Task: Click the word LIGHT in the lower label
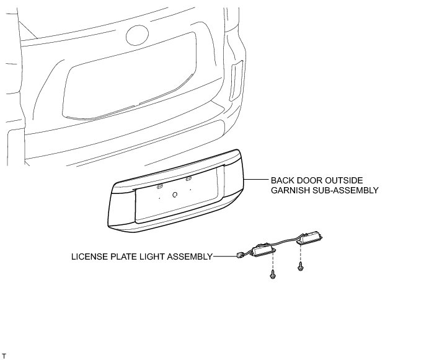pyautogui.click(x=149, y=255)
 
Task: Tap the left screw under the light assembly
pyautogui.click(x=272, y=273)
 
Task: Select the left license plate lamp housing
pyautogui.click(x=262, y=250)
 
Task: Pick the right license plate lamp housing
pyautogui.click(x=310, y=237)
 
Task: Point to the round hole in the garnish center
pyautogui.click(x=174, y=194)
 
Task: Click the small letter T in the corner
pyautogui.click(x=4, y=356)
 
